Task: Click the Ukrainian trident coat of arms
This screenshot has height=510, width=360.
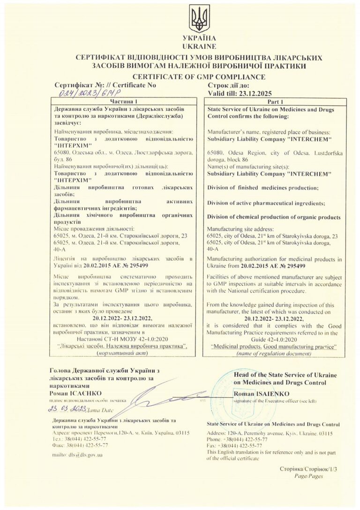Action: [x=199, y=19]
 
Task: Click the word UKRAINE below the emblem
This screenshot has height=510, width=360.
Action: [x=199, y=46]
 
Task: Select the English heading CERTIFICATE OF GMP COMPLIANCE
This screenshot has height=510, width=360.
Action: [x=199, y=77]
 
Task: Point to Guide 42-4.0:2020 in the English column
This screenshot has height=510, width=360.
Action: [x=275, y=339]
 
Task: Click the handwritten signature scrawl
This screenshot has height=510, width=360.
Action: [x=155, y=398]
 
